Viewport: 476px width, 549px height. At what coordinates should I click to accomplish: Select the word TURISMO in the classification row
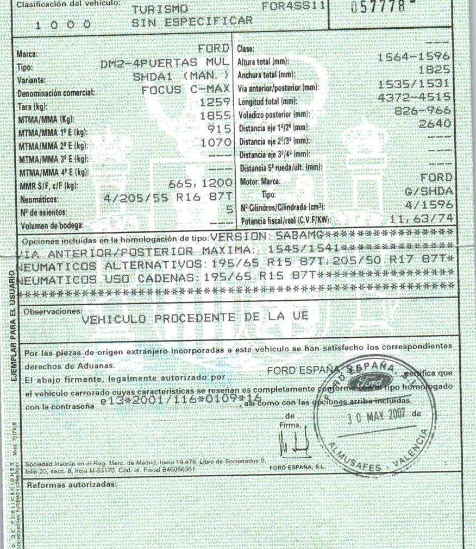click(x=160, y=9)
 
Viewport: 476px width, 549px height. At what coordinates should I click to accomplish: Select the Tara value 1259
click(x=216, y=102)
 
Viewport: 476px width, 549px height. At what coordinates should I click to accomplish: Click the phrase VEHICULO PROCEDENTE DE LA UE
click(x=195, y=318)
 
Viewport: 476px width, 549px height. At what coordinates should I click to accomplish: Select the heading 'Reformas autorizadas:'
click(x=71, y=483)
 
